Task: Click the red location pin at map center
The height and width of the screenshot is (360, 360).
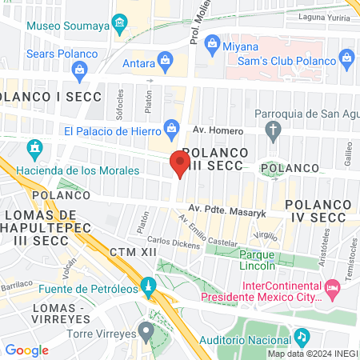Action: pos(178,164)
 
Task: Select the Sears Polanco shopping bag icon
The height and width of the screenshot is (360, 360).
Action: pos(81,70)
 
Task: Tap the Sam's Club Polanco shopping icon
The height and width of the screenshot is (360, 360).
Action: pos(346,57)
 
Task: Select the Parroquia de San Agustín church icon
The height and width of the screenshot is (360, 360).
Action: pos(274,130)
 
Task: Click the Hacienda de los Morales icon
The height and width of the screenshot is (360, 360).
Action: pos(34,148)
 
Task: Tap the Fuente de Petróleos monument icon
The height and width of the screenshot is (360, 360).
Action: pos(148,285)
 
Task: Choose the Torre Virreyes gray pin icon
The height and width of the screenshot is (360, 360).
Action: pos(146,330)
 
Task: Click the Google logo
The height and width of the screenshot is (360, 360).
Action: pos(27,350)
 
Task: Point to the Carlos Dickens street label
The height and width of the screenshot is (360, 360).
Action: pos(173,242)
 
